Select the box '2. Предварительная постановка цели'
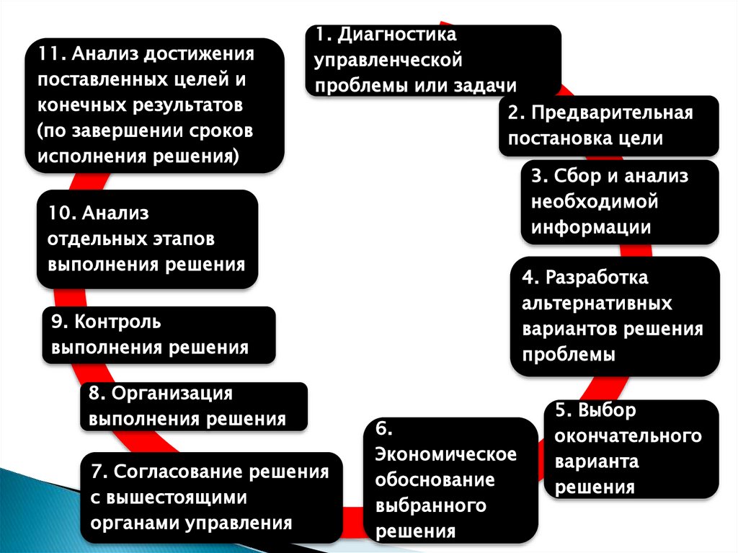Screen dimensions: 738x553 point(609,125)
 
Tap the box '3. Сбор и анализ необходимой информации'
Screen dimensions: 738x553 point(620,202)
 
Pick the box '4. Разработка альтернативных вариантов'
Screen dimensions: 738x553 point(615,316)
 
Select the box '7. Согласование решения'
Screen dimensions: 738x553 point(210,497)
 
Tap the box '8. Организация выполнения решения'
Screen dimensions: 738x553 point(193,407)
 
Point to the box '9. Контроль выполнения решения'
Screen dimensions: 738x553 point(158,335)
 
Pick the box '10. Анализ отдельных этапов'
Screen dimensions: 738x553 point(147,239)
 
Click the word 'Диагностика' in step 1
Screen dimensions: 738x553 point(397,35)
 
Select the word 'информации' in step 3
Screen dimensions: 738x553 point(591,227)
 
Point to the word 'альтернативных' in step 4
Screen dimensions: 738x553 point(597,303)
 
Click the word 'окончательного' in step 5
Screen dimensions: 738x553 point(628,436)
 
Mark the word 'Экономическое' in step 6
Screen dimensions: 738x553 point(446,455)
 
